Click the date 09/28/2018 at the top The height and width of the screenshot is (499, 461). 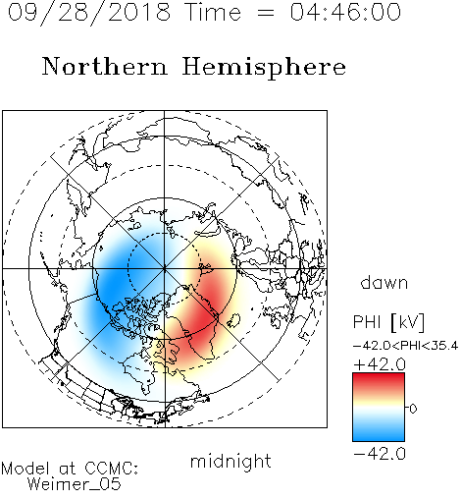coord(89,13)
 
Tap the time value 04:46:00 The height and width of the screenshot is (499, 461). coord(345,13)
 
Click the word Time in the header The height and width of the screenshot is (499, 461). coord(213,13)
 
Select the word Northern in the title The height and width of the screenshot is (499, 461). coord(105,66)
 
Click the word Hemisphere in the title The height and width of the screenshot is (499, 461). coord(264,68)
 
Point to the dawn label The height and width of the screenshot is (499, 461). coord(384,282)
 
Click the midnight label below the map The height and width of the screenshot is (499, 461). coord(230,461)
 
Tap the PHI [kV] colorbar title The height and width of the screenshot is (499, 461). coord(389,322)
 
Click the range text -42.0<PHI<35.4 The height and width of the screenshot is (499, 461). coord(406,346)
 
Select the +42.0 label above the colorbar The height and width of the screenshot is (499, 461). coord(380,364)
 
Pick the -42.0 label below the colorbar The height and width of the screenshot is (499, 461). coord(380,454)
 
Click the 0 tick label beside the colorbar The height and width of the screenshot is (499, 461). coord(413,409)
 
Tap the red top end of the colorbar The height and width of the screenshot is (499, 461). coord(379,376)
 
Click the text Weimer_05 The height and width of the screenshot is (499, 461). coord(74,484)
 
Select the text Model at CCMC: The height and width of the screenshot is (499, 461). coord(70,469)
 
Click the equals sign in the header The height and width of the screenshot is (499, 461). coord(266,13)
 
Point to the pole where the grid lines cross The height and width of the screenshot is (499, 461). coord(164,268)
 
